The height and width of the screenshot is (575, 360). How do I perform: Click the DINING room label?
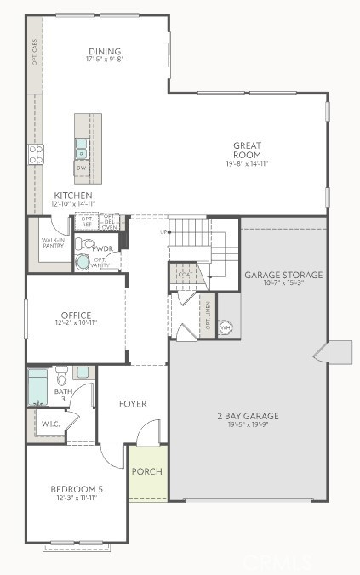pyautogui.click(x=104, y=51)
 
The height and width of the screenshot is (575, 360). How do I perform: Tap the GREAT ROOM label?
pyautogui.click(x=247, y=150)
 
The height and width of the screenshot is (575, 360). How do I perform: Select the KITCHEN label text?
pyautogui.click(x=73, y=196)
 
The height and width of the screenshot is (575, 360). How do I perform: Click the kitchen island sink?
pyautogui.click(x=81, y=148)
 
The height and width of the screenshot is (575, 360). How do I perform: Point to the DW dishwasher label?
pyautogui.click(x=82, y=168)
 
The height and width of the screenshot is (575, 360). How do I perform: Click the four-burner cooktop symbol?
pyautogui.click(x=36, y=154)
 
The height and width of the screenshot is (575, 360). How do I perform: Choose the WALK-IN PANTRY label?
pyautogui.click(x=53, y=243)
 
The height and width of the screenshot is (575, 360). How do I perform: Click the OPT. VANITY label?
pyautogui.click(x=101, y=262)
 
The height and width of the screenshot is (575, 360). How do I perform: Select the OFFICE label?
pyautogui.click(x=75, y=316)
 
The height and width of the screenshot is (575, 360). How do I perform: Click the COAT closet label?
pyautogui.click(x=185, y=275)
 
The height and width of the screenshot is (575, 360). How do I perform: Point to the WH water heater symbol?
pyautogui.click(x=226, y=327)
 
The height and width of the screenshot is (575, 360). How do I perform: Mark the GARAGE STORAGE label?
pyautogui.click(x=283, y=275)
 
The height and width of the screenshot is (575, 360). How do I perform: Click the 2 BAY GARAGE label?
pyautogui.click(x=249, y=416)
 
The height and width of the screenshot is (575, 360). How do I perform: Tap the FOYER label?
pyautogui.click(x=133, y=404)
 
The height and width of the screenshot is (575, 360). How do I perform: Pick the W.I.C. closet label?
pyautogui.click(x=49, y=423)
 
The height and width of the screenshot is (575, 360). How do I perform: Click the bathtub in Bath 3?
pyautogui.click(x=38, y=386)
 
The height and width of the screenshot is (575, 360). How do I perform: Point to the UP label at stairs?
pyautogui.click(x=163, y=231)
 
